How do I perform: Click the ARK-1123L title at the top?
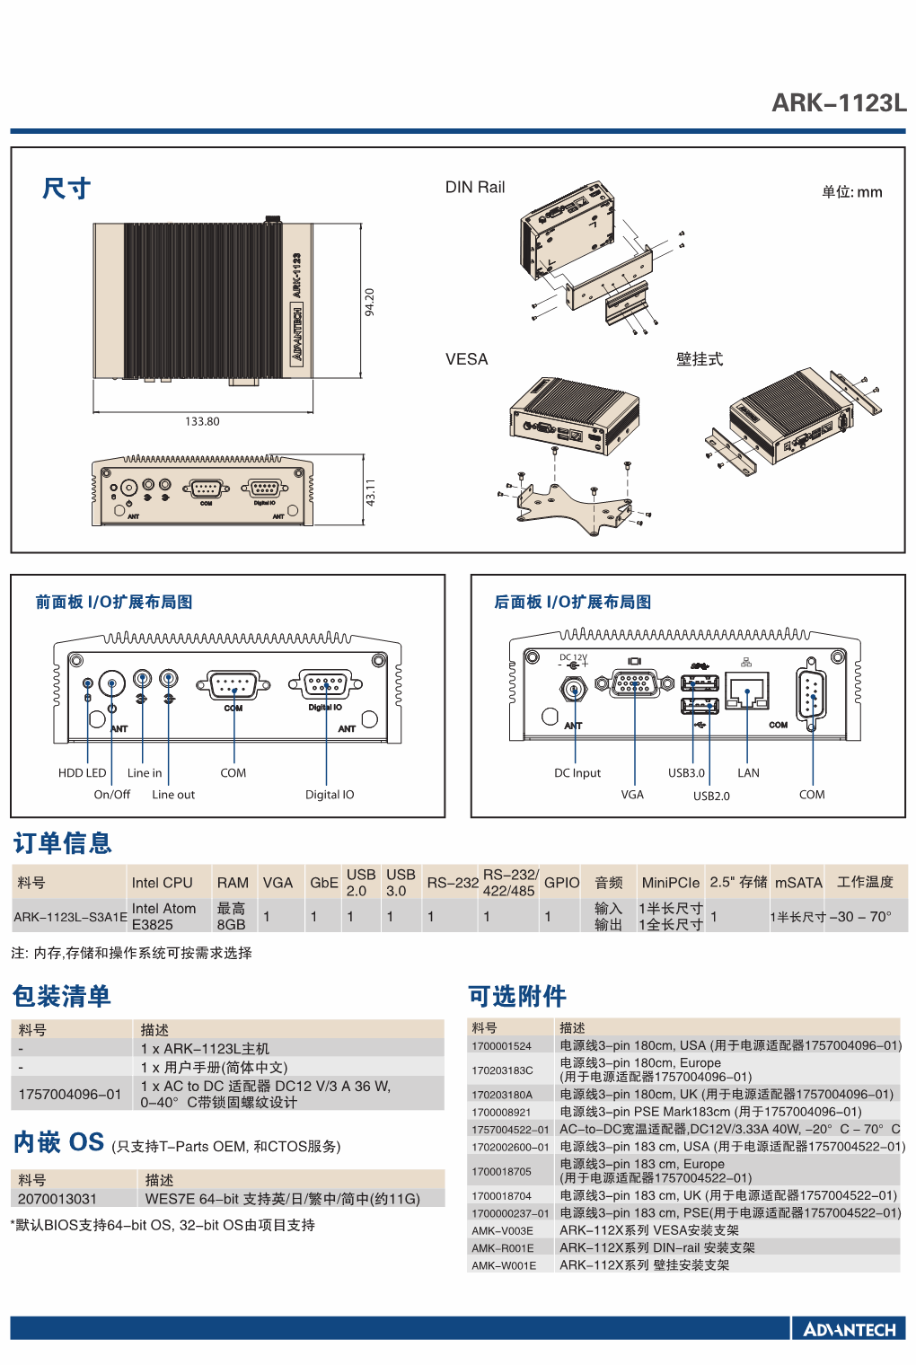839,103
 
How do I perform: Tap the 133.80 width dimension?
202,421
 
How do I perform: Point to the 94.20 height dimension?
369,303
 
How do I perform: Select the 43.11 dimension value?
370,492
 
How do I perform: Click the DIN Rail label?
475,187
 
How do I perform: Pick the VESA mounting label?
467,359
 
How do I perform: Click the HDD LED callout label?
82,772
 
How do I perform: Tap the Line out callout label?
173,794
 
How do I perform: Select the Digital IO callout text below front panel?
329,794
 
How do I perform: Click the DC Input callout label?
577,772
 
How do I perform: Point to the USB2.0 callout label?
711,796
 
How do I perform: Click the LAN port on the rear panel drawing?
747,691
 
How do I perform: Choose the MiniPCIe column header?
671,883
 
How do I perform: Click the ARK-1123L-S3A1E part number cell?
70,917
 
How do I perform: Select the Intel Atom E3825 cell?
163,916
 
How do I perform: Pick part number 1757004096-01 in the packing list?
69,1094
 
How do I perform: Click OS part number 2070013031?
57,1199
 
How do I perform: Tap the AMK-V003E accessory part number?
502,1230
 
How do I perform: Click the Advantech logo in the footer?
849,1329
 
